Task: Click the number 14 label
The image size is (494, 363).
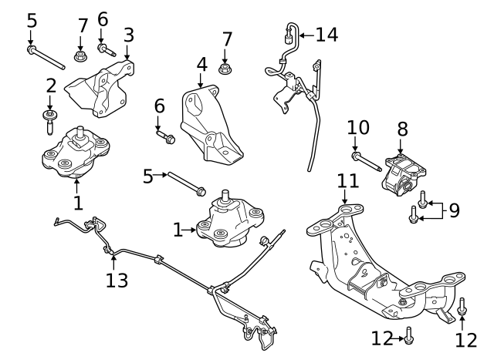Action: (x=327, y=34)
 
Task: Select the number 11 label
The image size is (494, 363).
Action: (x=348, y=181)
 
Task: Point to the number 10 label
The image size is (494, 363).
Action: (x=359, y=126)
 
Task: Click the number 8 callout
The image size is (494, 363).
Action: (x=402, y=129)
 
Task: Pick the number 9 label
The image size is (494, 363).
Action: (x=454, y=210)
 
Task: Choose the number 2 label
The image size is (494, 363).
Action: (x=51, y=86)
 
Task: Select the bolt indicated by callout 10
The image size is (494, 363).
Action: (x=367, y=162)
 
